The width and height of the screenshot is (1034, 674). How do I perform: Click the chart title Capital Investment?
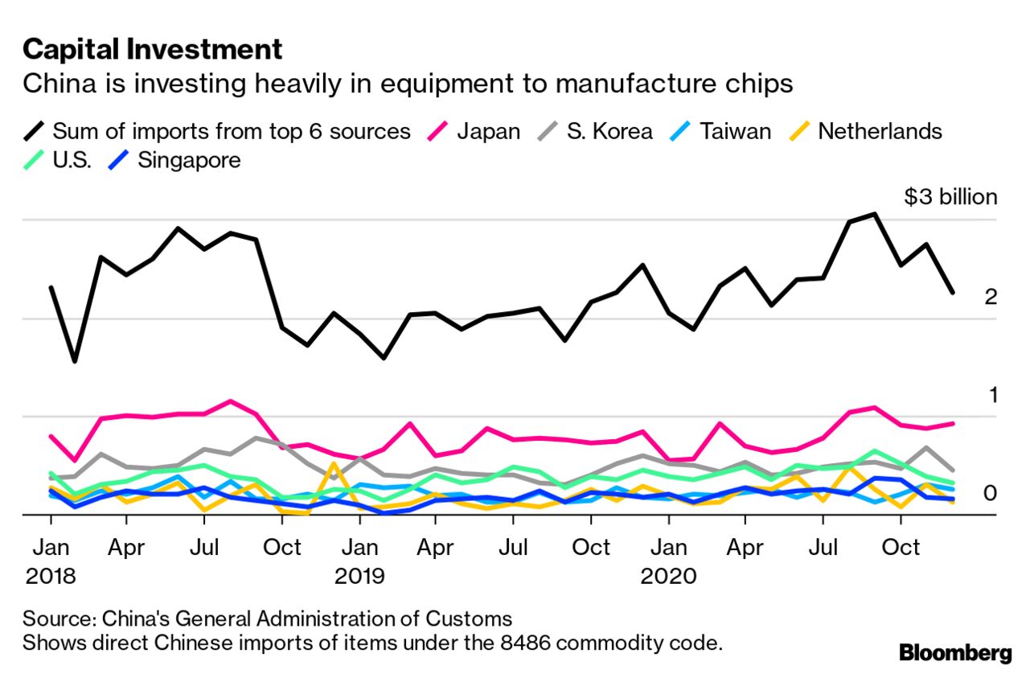[153, 50]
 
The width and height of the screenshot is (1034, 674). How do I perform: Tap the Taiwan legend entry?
[721, 131]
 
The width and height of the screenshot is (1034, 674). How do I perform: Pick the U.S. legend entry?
[72, 160]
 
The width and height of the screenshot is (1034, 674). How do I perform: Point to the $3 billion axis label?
[950, 197]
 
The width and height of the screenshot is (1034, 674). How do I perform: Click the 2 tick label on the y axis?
[991, 297]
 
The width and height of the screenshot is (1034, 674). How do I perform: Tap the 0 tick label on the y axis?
[991, 493]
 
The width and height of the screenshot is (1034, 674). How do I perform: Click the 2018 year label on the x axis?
[51, 576]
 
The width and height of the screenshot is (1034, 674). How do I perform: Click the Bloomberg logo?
[955, 651]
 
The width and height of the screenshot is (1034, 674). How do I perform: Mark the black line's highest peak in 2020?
[874, 214]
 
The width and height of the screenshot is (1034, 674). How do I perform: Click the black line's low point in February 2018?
[75, 361]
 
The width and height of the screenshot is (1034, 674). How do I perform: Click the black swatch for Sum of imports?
[35, 131]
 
